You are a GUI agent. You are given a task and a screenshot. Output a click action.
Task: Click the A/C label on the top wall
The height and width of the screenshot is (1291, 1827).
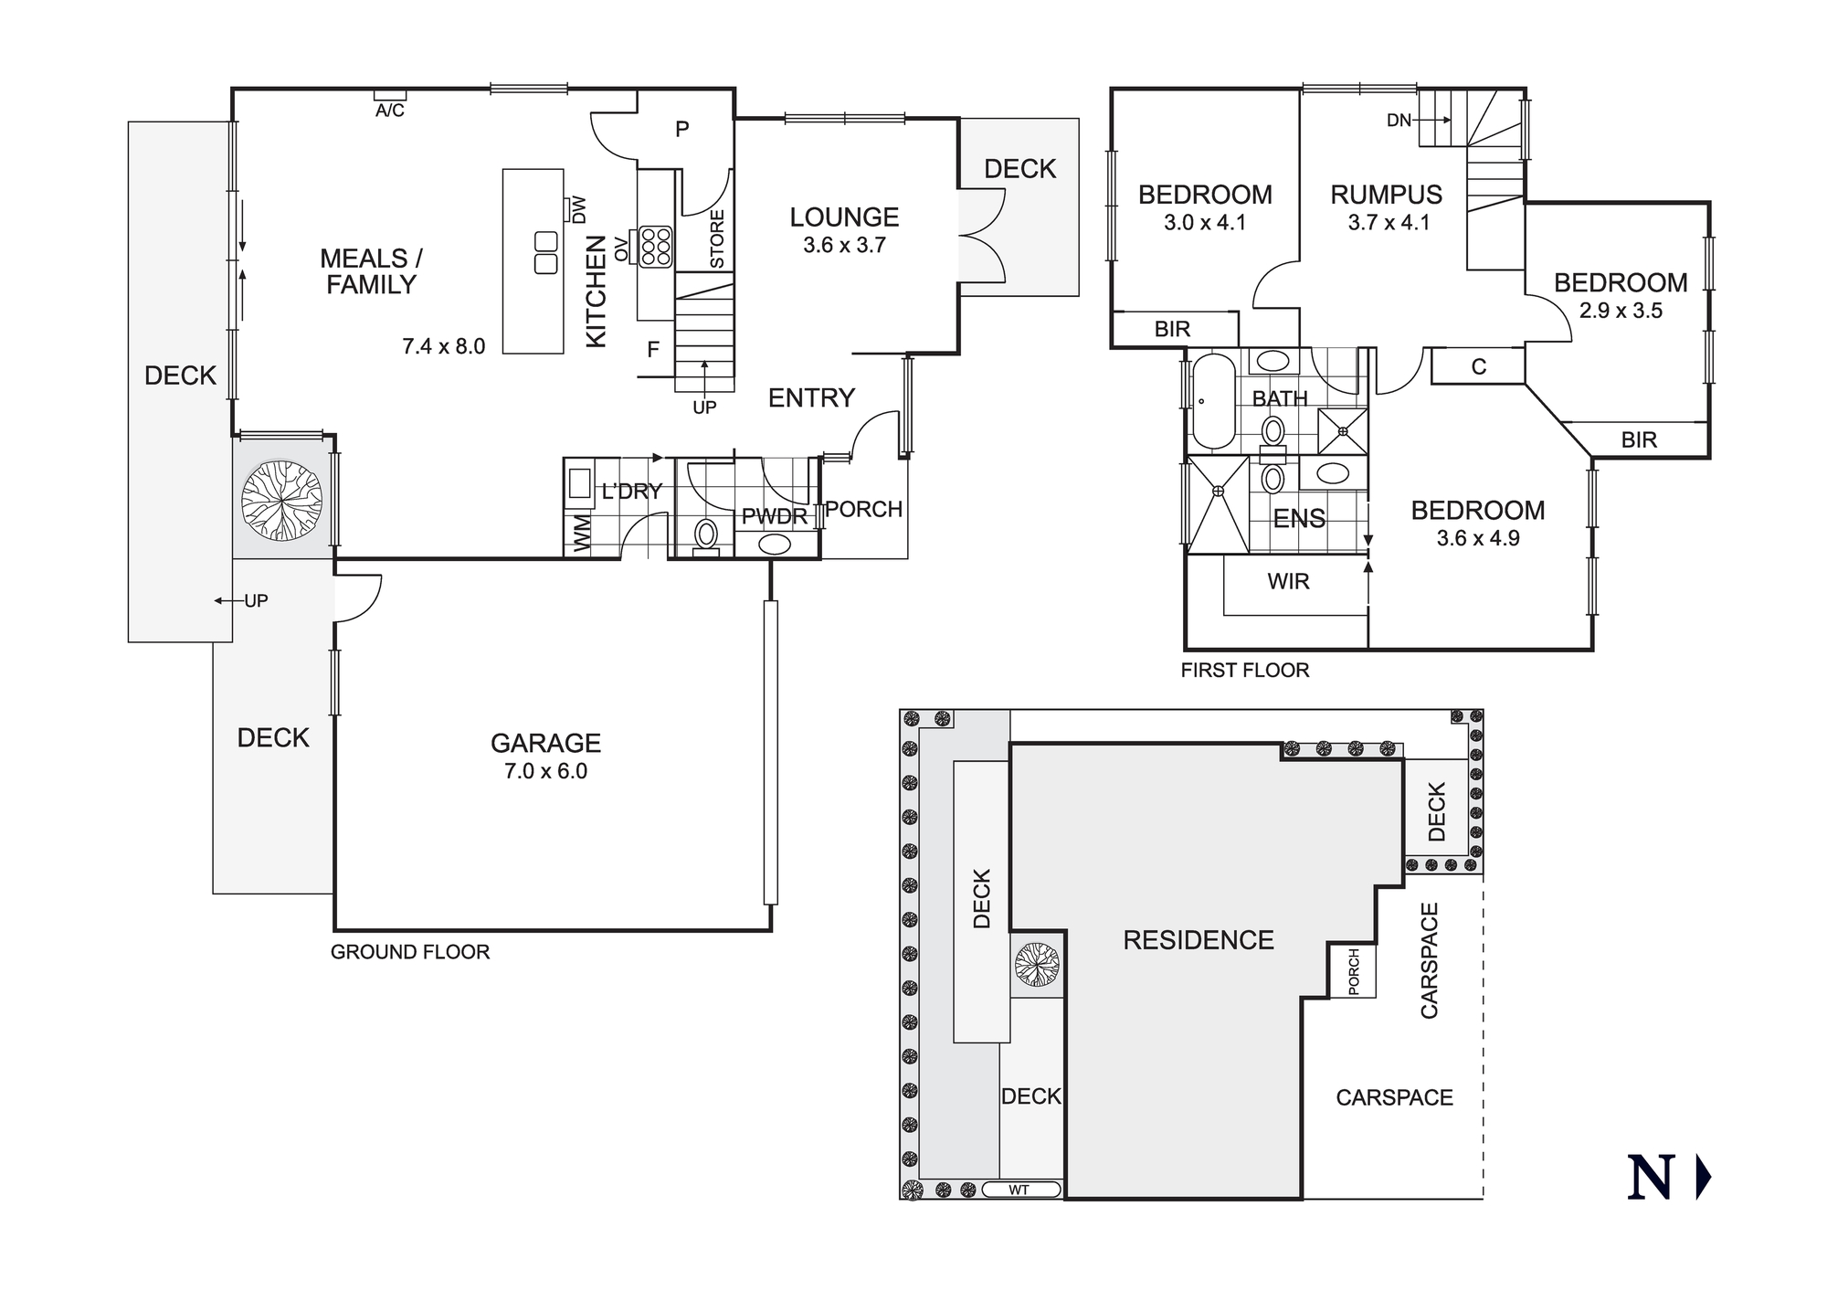(x=390, y=111)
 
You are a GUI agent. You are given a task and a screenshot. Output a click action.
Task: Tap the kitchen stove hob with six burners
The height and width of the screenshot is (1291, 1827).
(x=656, y=247)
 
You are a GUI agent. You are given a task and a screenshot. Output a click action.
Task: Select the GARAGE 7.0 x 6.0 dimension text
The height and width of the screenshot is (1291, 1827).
(x=545, y=771)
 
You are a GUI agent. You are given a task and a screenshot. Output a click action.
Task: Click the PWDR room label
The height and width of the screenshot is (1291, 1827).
(x=774, y=517)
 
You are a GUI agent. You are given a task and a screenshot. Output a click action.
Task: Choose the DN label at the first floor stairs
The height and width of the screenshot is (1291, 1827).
(x=1399, y=120)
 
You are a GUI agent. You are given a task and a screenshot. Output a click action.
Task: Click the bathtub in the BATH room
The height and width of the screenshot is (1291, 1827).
(x=1213, y=401)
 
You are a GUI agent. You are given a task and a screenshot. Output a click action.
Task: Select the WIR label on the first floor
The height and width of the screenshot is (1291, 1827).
(x=1288, y=581)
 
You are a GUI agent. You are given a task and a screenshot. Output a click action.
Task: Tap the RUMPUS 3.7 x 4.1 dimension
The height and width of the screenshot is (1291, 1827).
(x=1389, y=222)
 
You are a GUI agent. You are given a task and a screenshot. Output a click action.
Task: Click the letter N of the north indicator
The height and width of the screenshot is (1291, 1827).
(x=1651, y=1178)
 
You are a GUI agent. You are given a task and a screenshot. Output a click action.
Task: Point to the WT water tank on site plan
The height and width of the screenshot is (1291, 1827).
(x=1020, y=1190)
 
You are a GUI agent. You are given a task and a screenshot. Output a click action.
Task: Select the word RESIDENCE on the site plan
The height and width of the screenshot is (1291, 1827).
(x=1198, y=940)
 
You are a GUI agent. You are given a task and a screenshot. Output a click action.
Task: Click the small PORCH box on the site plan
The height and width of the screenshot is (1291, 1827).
(x=1353, y=971)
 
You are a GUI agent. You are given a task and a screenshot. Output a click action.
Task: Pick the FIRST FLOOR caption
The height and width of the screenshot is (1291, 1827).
(x=1244, y=671)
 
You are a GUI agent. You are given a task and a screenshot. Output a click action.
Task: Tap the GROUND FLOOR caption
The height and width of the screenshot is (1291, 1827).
(x=410, y=952)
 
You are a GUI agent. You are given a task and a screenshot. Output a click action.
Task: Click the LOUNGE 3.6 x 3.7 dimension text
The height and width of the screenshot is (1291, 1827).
(x=844, y=245)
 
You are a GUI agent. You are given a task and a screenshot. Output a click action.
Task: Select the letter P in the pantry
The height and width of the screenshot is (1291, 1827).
(x=681, y=130)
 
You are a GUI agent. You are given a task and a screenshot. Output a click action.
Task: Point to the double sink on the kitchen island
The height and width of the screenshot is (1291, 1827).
(x=545, y=253)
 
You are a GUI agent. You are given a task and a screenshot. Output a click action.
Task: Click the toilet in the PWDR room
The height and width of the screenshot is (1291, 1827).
(x=706, y=534)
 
